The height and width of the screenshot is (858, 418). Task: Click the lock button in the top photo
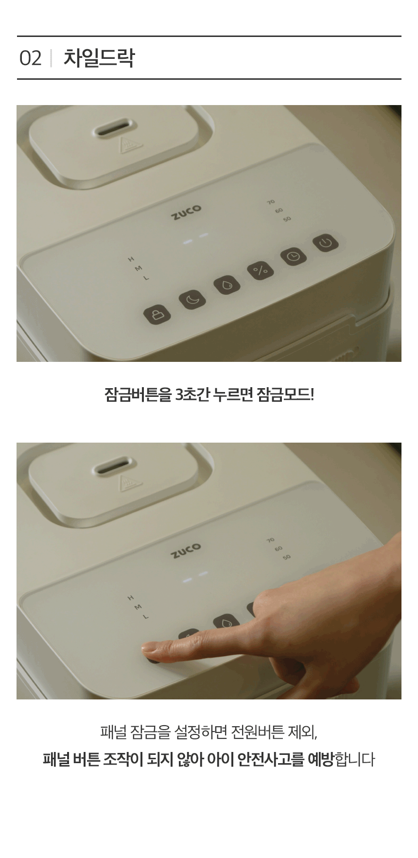(157, 314)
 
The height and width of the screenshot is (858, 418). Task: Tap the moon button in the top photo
(192, 300)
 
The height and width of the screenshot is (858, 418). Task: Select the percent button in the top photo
(260, 270)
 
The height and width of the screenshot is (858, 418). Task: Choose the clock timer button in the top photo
(293, 256)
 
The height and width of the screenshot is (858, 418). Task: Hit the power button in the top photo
(326, 242)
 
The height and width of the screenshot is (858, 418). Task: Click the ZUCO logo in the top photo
(186, 212)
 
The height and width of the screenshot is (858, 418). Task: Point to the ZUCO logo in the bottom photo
(186, 550)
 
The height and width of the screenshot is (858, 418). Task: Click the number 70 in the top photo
(271, 202)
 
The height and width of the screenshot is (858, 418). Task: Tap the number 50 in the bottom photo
(287, 556)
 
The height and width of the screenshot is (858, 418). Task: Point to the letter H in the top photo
(131, 259)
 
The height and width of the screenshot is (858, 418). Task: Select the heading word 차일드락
(99, 58)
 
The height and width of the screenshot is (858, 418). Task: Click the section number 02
(30, 58)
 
